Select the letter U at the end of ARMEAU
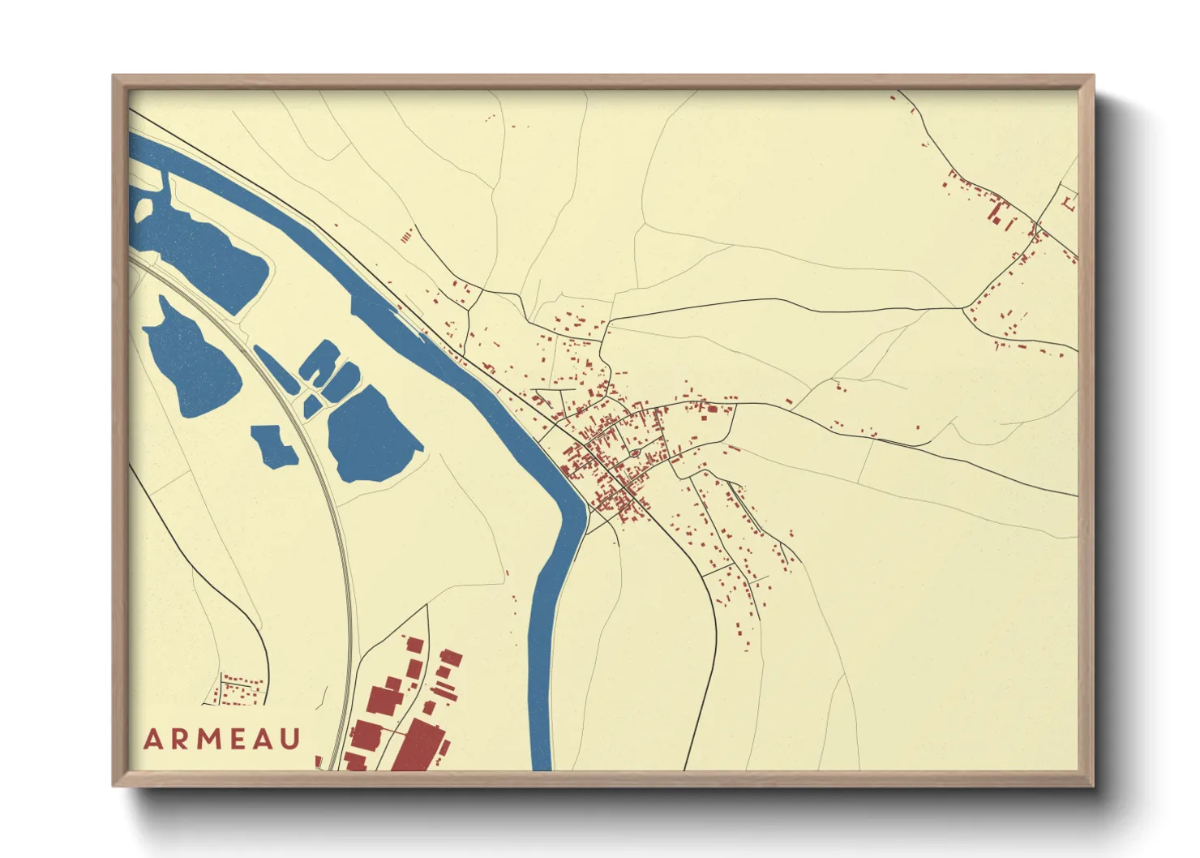point(291,739)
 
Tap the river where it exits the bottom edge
point(542,762)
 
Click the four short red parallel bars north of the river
point(407,236)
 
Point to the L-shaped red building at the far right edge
point(1067,200)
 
